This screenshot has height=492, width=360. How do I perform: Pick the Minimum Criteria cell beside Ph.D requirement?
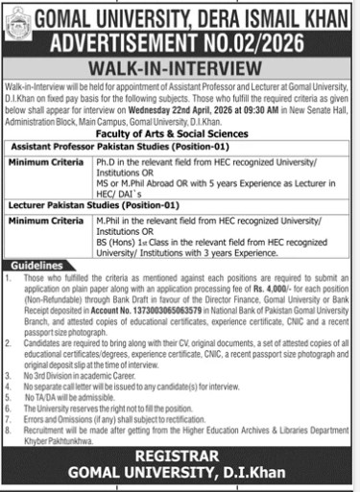click(x=46, y=165)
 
